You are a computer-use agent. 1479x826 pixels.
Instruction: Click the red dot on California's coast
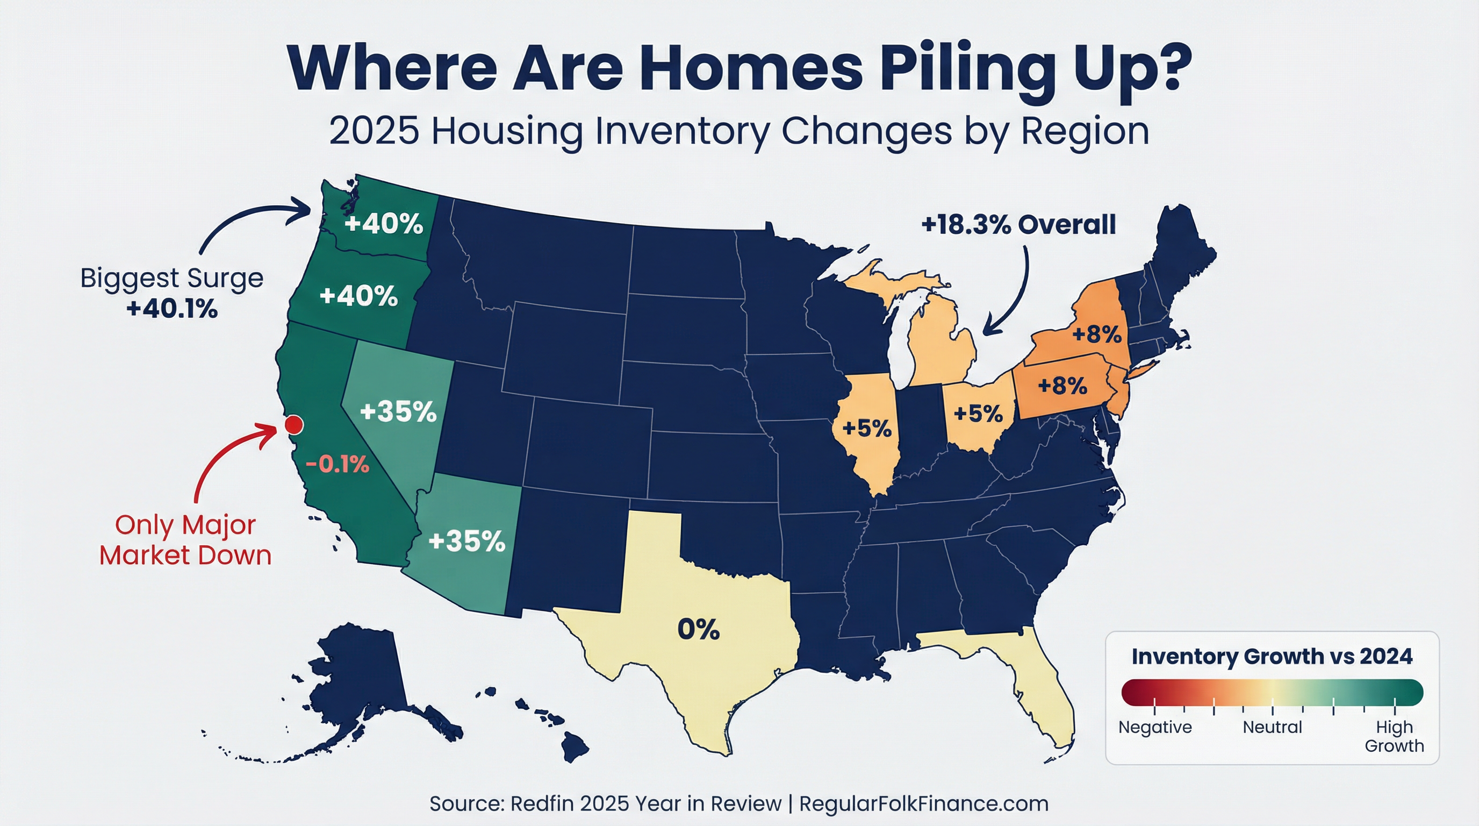pos(293,425)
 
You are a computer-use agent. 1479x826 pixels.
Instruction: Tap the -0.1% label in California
pos(337,464)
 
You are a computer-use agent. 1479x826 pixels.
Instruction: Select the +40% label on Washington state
pos(384,224)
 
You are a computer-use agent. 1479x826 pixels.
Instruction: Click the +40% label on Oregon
pos(359,296)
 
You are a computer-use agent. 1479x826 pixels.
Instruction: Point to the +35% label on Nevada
pos(398,412)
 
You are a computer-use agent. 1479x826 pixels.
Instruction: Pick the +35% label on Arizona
pos(467,542)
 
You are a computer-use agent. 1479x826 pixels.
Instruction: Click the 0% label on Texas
pos(698,630)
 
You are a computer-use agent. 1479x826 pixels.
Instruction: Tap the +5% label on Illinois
pos(867,428)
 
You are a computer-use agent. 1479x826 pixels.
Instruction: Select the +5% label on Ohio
pos(978,413)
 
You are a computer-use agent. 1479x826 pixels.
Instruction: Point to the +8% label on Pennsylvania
pos(1062,386)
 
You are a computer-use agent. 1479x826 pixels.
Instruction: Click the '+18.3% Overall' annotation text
pos(1018,225)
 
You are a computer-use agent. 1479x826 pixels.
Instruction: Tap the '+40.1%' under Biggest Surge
pos(172,309)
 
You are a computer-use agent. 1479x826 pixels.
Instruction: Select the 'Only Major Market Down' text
pos(185,540)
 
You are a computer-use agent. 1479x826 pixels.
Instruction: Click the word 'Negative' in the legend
pos(1155,727)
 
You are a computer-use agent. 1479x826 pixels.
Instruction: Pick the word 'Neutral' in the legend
pos(1272,727)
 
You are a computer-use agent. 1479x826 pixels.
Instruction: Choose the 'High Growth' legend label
pos(1394,736)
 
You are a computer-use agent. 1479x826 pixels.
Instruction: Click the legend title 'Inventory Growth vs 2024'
pos(1272,657)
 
